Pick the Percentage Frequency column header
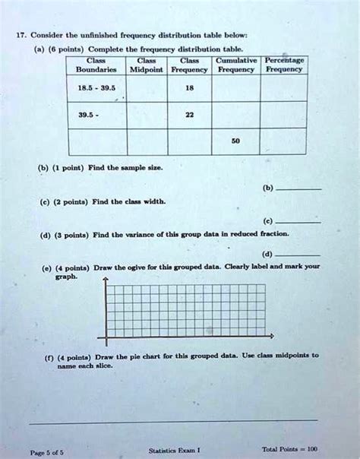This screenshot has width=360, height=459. tap(284, 65)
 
